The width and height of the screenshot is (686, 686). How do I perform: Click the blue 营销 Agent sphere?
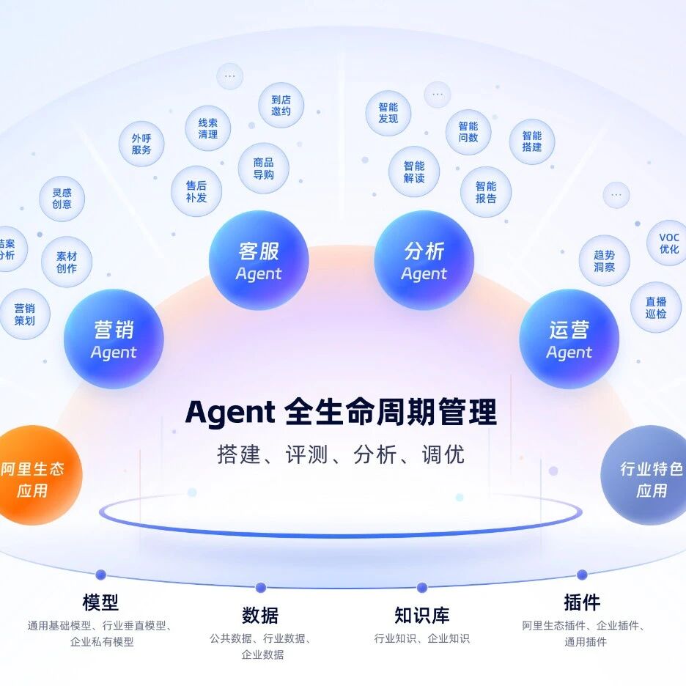[114, 339]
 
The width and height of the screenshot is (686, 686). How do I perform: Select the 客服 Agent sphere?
[259, 261]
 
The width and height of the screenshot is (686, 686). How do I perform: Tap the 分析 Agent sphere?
[424, 261]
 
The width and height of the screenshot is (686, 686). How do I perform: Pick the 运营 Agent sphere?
[569, 339]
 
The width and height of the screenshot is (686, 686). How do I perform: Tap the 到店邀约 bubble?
[281, 106]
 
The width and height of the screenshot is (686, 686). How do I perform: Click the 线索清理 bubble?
[207, 128]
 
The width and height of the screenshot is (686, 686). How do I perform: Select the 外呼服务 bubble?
[141, 144]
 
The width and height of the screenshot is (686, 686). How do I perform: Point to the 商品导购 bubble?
[263, 169]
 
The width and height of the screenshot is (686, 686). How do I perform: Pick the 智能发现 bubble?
[388, 113]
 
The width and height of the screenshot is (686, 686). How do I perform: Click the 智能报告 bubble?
[485, 192]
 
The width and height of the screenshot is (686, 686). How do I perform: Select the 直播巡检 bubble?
[656, 307]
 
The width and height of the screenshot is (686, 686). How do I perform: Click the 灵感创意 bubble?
[62, 199]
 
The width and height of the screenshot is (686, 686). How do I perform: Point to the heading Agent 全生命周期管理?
[341, 413]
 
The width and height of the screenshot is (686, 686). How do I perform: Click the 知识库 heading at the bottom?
[421, 614]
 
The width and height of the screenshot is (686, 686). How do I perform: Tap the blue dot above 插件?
[582, 575]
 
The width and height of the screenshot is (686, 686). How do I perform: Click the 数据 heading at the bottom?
[260, 614]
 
